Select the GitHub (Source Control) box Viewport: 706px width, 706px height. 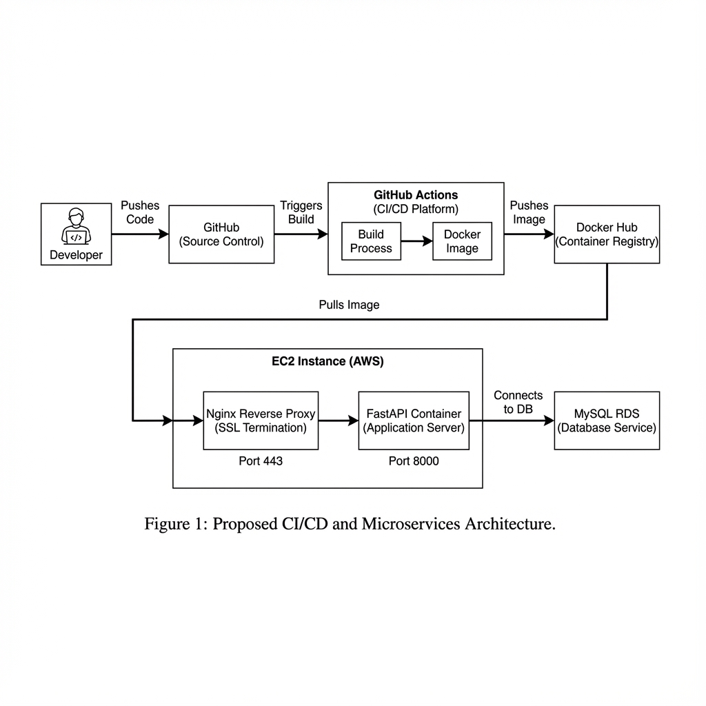click(221, 234)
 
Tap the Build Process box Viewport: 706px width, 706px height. click(371, 241)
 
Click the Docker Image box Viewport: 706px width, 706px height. click(462, 241)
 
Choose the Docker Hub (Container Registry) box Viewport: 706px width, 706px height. click(607, 234)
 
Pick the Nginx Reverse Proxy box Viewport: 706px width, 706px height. click(261, 421)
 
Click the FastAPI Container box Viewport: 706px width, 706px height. click(414, 421)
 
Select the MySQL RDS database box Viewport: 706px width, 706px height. click(607, 421)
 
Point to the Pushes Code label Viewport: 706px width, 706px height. click(140, 212)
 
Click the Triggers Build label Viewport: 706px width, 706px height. click(301, 212)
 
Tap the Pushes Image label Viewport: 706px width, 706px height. click(529, 212)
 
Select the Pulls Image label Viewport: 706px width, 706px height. click(349, 305)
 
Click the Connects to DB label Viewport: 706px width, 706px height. click(518, 402)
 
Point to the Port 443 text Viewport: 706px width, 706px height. click(261, 461)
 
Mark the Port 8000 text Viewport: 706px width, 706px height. click(414, 461)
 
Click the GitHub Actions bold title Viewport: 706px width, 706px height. click(416, 195)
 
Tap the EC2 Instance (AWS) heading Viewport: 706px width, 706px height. click(327, 361)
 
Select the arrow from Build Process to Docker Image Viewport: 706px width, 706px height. click(416, 241)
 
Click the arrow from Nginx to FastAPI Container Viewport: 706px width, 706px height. click(338, 421)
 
